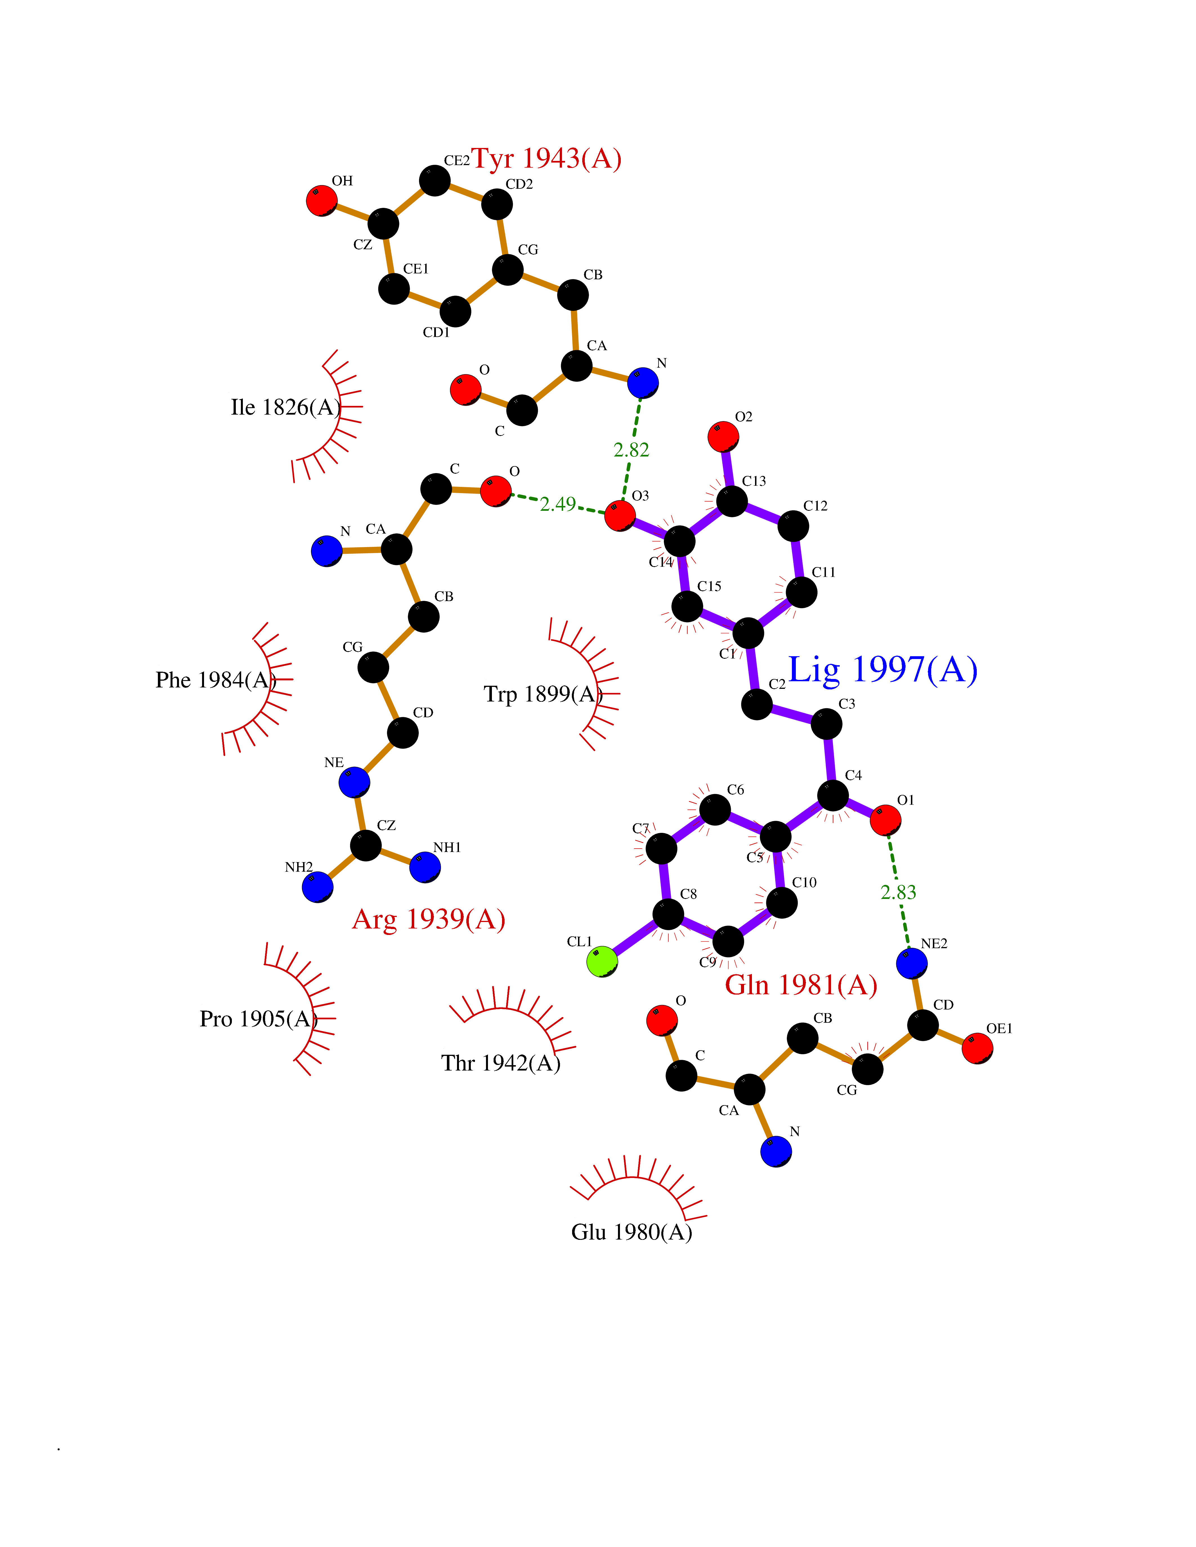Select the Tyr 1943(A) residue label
coord(546,159)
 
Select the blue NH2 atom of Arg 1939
coord(317,887)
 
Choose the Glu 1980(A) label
coord(631,1232)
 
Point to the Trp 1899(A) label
coord(543,694)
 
